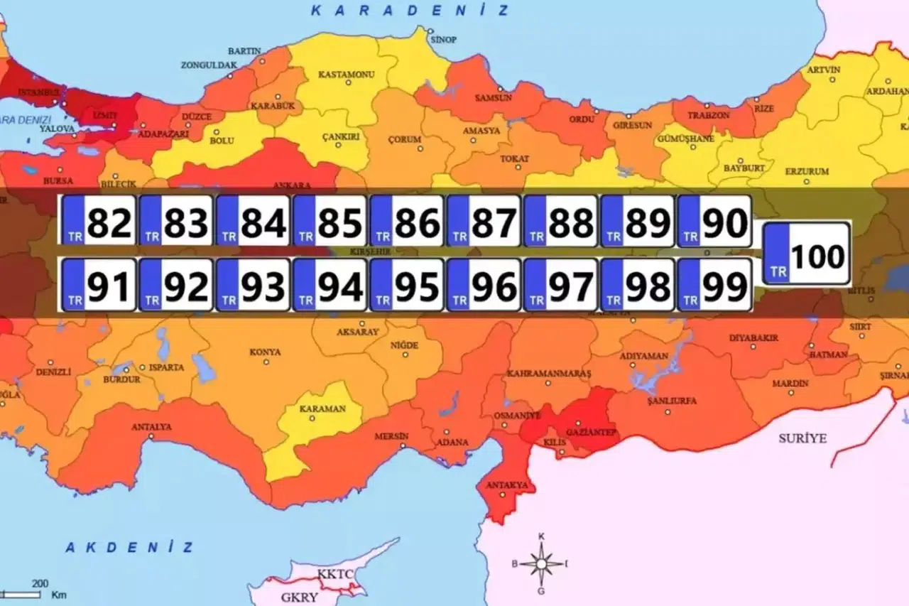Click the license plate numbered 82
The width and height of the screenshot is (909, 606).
point(99,221)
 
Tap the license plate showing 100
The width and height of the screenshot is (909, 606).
point(806,254)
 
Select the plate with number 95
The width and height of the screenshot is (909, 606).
point(407,284)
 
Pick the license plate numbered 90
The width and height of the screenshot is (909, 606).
point(714,221)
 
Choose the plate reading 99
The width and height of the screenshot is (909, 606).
point(714,284)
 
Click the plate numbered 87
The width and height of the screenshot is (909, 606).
point(484,221)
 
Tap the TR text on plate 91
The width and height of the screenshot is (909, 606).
point(74,301)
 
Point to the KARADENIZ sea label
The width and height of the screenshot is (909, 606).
point(410,11)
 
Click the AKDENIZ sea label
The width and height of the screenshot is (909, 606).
point(129,547)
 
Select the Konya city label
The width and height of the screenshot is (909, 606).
point(265,352)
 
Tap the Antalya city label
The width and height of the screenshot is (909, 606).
point(151,427)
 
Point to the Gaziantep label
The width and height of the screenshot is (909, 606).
point(590,432)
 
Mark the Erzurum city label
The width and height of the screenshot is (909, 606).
point(807,172)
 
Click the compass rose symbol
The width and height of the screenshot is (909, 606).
point(541,563)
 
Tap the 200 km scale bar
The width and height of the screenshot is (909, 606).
point(33,590)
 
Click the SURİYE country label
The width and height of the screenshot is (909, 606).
point(802,438)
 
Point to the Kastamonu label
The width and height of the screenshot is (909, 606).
point(346,75)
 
